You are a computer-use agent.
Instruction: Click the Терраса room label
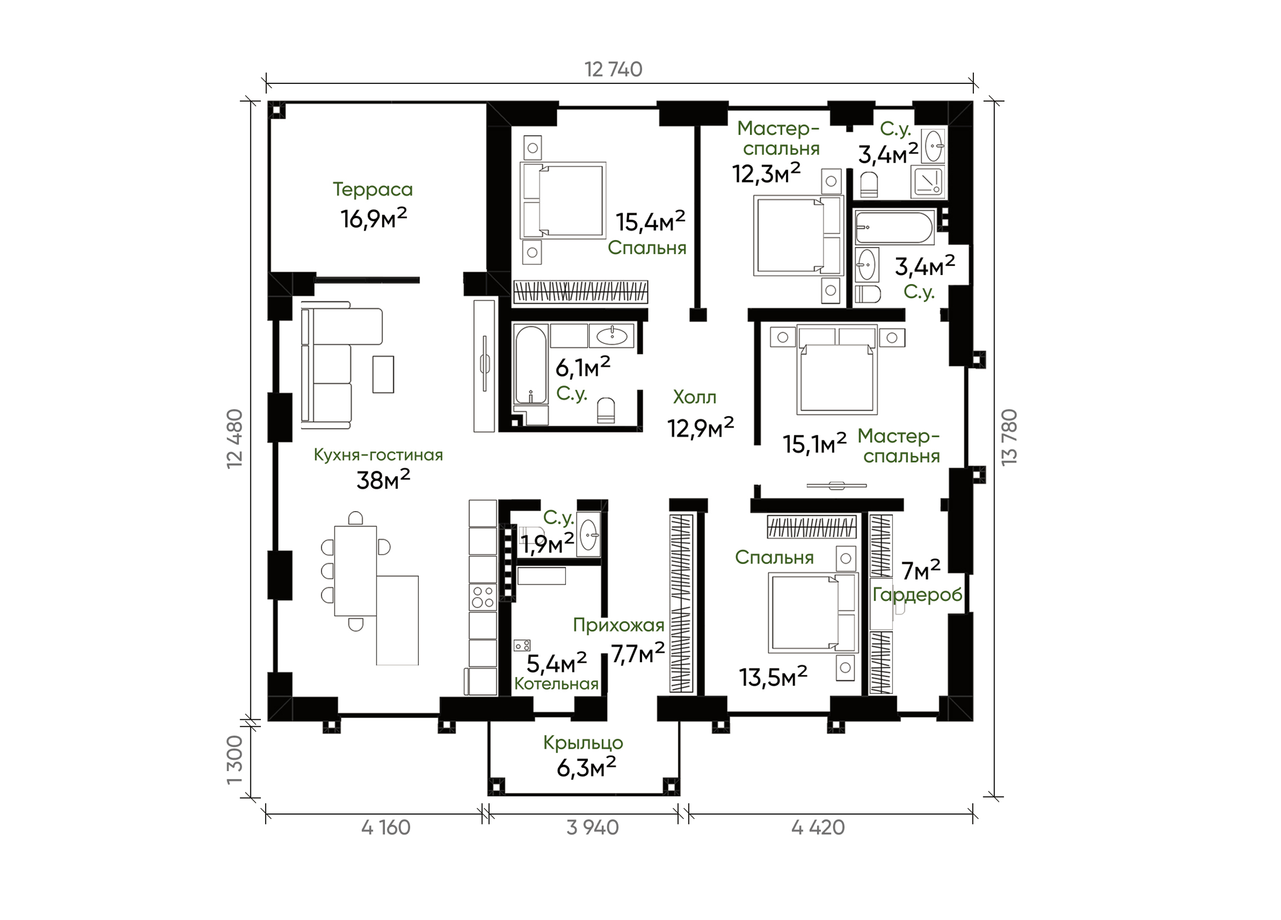(x=373, y=190)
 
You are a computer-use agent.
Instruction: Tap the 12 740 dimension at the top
(x=613, y=70)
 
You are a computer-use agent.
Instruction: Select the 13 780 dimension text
(x=1009, y=438)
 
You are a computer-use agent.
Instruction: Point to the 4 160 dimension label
(x=386, y=828)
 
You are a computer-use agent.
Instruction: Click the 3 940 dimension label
(x=593, y=828)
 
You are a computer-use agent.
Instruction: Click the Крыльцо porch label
(x=583, y=743)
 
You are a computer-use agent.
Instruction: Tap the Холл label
(x=695, y=397)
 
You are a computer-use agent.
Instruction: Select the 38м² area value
(x=383, y=480)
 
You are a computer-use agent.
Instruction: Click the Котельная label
(x=556, y=684)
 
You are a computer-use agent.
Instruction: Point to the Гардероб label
(x=917, y=595)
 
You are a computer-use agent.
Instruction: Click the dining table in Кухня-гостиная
(x=356, y=571)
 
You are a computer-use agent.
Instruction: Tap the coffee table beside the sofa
(x=383, y=374)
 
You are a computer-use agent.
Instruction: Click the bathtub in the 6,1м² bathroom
(x=531, y=364)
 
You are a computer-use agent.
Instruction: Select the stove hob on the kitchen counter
(x=483, y=597)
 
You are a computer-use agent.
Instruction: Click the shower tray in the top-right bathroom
(x=928, y=181)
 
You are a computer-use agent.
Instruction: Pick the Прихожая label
(x=618, y=625)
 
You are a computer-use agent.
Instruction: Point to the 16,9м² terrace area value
(x=373, y=218)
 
